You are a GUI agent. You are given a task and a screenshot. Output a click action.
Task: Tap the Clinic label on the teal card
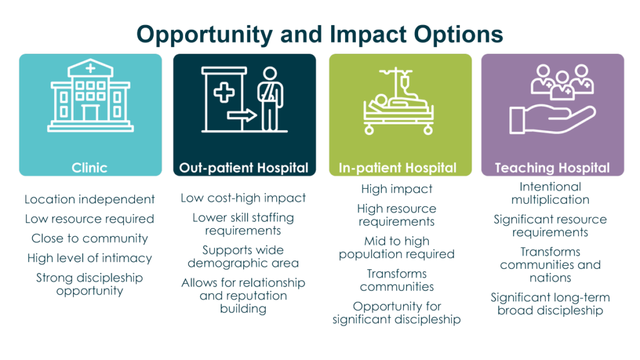coord(89,167)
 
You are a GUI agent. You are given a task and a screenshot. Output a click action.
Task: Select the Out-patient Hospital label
coord(244,167)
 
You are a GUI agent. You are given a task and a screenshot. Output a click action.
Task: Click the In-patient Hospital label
coord(397,167)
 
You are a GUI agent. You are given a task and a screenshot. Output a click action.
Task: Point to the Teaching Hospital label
coord(552,167)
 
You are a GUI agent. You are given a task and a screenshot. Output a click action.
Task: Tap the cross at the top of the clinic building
coord(90,68)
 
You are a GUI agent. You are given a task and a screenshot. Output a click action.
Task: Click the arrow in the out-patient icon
coord(242,116)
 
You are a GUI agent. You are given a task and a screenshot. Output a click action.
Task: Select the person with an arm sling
coord(270,99)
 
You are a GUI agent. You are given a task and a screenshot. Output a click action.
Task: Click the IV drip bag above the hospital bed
coord(404,83)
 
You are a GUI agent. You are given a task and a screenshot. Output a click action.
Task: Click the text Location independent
coord(89,199)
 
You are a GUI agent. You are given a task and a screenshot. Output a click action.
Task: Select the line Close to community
coord(89,238)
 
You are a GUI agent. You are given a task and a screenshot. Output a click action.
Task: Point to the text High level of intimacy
coord(89,258)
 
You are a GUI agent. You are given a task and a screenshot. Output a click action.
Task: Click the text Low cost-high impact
coord(243,198)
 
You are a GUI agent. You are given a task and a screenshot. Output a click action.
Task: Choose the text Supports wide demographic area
coord(243,256)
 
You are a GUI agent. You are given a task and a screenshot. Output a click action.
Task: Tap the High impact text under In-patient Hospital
coord(397,189)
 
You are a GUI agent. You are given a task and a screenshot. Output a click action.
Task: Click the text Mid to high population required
coord(397,247)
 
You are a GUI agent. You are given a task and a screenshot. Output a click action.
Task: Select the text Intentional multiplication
coord(550,193)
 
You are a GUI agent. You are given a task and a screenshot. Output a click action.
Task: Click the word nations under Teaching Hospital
coord(550,278)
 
